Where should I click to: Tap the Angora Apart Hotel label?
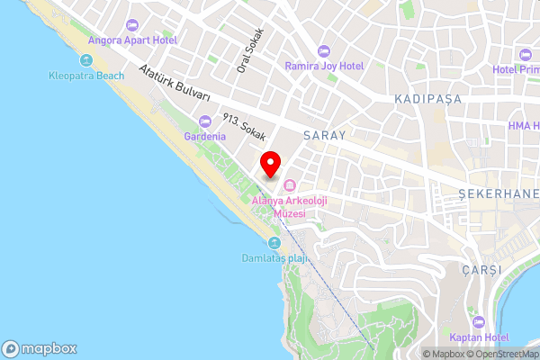[x=132, y=40]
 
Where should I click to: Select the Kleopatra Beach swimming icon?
[x=85, y=60]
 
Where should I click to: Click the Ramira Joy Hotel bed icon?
[x=323, y=51]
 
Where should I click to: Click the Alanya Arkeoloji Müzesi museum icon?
[x=289, y=184]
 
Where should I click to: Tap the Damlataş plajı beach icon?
[x=274, y=242]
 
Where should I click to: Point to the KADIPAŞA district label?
[x=421, y=96]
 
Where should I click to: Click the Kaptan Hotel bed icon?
[x=478, y=321]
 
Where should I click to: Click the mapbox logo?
[x=40, y=348]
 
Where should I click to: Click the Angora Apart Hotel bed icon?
[x=132, y=25]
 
